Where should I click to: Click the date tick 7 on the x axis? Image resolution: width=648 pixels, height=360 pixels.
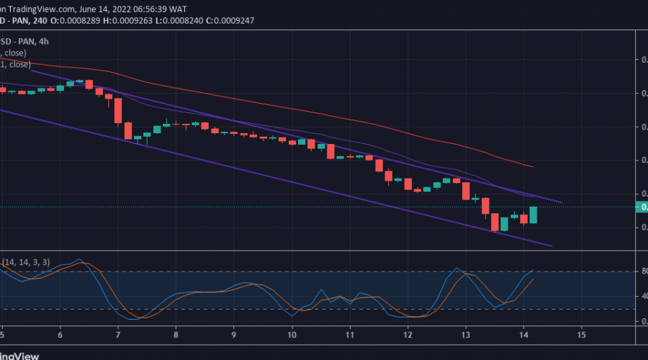tap(117, 336)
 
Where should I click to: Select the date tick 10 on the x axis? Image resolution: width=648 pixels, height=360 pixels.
tap(292, 336)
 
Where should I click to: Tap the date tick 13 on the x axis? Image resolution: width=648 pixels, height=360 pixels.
tap(466, 336)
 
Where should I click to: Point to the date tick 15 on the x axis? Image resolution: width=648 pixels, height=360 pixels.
tap(582, 336)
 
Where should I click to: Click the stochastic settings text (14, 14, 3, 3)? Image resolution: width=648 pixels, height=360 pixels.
tap(26, 263)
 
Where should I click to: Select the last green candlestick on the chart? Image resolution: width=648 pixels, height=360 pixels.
tap(534, 215)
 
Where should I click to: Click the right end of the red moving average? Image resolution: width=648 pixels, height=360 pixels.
tap(532, 166)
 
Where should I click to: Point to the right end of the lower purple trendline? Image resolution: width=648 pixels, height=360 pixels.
tap(552, 246)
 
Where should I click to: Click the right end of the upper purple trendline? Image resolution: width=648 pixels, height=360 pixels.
tap(561, 202)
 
